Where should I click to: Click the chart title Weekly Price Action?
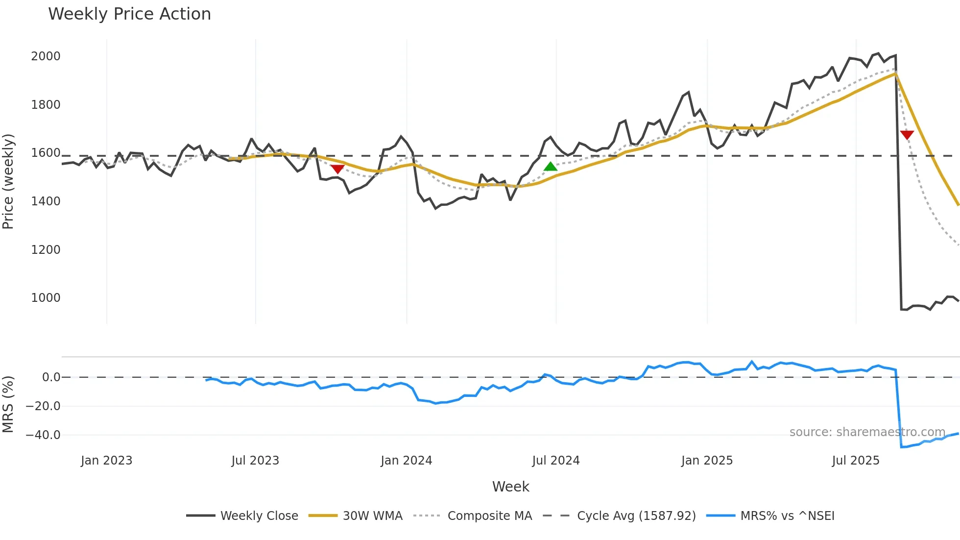pyautogui.click(x=129, y=14)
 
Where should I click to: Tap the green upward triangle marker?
pyautogui.click(x=551, y=167)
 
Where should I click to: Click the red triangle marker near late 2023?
pyautogui.click(x=337, y=169)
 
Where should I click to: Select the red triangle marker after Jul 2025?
pyautogui.click(x=907, y=135)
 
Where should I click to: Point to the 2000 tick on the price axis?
pyautogui.click(x=46, y=56)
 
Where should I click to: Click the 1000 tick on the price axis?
pyautogui.click(x=46, y=298)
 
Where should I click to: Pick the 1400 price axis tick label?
pyautogui.click(x=46, y=201)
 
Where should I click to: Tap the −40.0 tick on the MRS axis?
pyautogui.click(x=43, y=435)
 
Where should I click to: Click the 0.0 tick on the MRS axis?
pyautogui.click(x=51, y=377)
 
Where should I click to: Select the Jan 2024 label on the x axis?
pyautogui.click(x=406, y=461)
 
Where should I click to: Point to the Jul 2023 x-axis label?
pyautogui.click(x=255, y=461)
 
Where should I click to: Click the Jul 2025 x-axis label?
pyautogui.click(x=856, y=461)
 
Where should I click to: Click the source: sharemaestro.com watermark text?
pyautogui.click(x=867, y=432)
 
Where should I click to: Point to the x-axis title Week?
pyautogui.click(x=510, y=487)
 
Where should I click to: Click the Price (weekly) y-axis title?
pyautogui.click(x=8, y=181)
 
